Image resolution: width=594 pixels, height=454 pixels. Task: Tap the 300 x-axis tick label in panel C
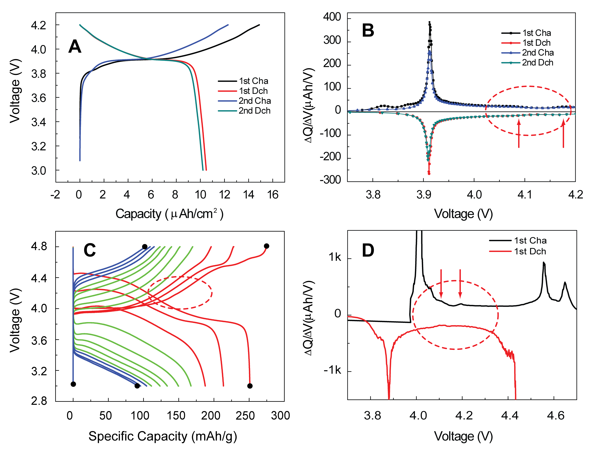click(280, 415)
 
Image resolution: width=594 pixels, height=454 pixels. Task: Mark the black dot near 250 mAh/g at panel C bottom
click(250, 386)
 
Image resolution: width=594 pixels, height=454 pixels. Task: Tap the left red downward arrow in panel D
click(441, 284)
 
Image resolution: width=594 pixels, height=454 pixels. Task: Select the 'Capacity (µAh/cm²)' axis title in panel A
click(169, 214)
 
